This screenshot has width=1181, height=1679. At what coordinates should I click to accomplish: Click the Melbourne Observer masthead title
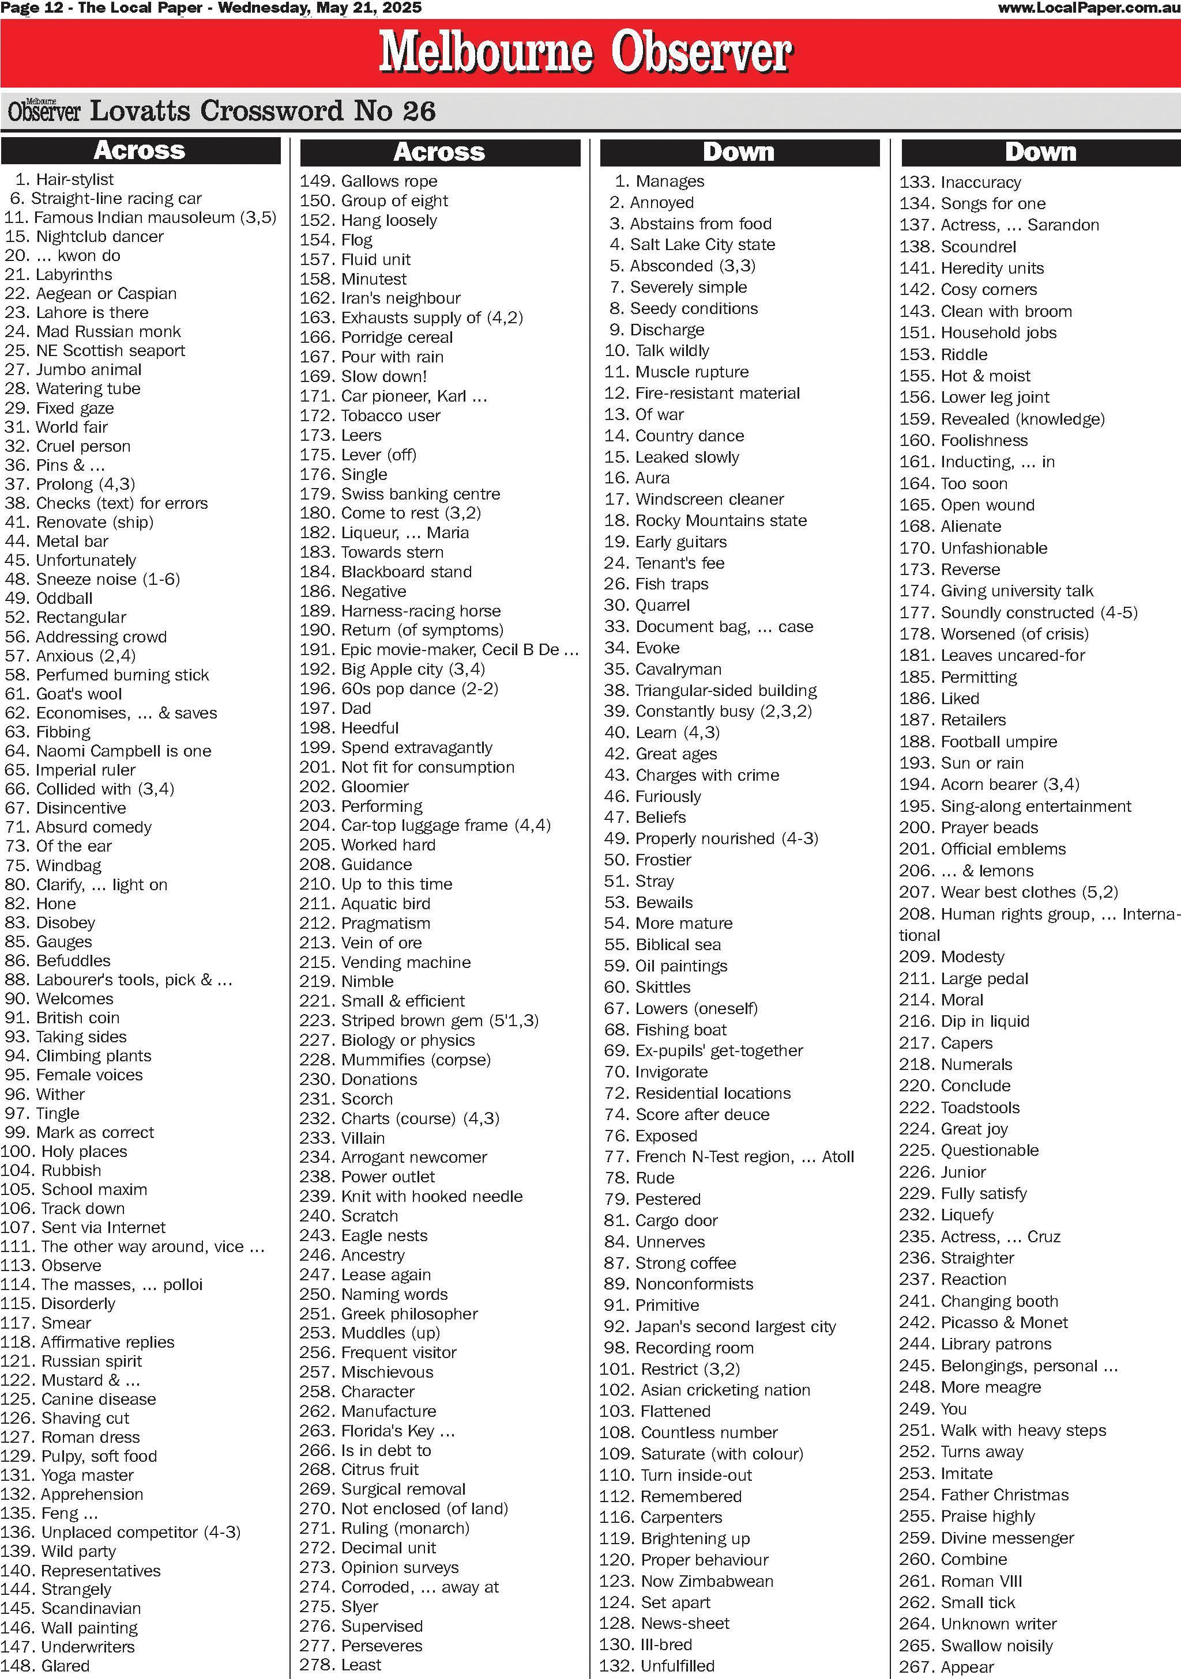(585, 52)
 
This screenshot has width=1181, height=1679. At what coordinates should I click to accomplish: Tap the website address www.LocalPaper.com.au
(1088, 8)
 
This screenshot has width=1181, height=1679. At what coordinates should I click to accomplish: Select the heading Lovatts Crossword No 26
(262, 111)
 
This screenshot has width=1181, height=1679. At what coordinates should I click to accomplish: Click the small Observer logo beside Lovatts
(44, 111)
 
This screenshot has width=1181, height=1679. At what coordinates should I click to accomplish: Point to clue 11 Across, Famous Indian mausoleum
(141, 217)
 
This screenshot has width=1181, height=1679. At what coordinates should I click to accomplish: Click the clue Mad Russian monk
(93, 331)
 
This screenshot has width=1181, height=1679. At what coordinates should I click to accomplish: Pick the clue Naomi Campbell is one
(108, 750)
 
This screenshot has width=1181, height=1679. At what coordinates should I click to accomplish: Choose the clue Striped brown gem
(419, 1020)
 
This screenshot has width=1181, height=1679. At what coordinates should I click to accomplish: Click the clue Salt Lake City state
(692, 244)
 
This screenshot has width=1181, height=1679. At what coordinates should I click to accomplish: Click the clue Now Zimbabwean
(686, 1580)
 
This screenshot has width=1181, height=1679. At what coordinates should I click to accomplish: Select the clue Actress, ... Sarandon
(999, 225)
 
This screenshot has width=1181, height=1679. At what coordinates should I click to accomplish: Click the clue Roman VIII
(961, 1580)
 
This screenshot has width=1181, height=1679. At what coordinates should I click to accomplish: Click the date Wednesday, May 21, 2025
(320, 8)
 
